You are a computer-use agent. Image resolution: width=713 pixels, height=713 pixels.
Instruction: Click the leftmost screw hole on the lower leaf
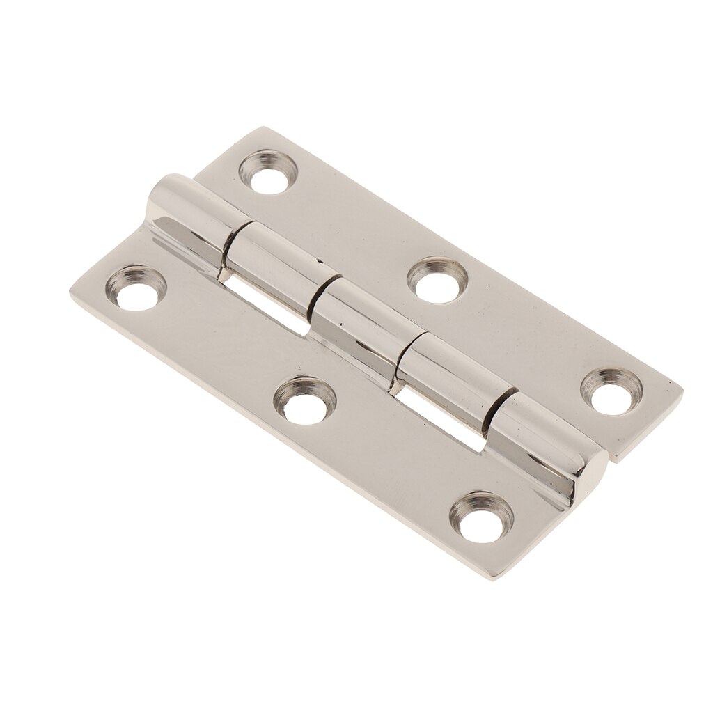pyautogui.click(x=138, y=289)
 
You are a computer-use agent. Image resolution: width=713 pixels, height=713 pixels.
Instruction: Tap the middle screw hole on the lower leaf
pyautogui.click(x=304, y=401)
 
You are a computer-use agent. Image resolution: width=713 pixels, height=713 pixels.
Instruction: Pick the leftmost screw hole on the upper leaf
pyautogui.click(x=268, y=173)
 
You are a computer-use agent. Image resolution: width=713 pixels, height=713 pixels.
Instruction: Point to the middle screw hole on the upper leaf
pyautogui.click(x=437, y=280)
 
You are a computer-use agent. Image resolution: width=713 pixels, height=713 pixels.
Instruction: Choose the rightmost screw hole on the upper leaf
pyautogui.click(x=611, y=392)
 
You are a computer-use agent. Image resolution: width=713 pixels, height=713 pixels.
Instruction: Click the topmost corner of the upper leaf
pyautogui.click(x=263, y=127)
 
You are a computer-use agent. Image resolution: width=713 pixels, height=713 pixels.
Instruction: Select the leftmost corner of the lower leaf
pyautogui.click(x=71, y=292)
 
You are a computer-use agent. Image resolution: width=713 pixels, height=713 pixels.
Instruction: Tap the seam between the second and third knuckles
pyautogui.click(x=320, y=292)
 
